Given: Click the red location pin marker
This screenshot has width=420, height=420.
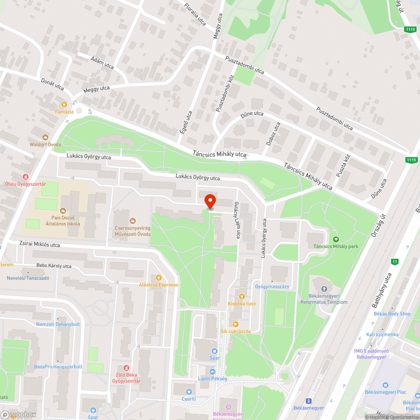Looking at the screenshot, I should click(x=210, y=201).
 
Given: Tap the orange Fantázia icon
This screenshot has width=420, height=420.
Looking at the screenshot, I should click(x=64, y=104).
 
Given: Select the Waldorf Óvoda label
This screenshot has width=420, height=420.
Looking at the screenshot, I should click(x=45, y=144).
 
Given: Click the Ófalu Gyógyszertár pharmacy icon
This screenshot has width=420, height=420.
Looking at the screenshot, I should click(x=26, y=177).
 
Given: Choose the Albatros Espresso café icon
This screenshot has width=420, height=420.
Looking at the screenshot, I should click(x=158, y=277).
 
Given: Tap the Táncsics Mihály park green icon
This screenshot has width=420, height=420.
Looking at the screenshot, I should click(x=336, y=239).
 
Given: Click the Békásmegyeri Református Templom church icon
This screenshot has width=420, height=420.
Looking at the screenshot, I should click(x=324, y=289).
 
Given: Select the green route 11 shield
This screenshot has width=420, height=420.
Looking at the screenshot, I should click(x=394, y=262).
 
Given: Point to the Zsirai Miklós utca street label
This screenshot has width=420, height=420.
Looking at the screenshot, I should click(x=39, y=244).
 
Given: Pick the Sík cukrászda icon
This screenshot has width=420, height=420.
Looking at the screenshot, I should click(x=236, y=324).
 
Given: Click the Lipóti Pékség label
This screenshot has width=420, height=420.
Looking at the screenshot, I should click(x=213, y=378).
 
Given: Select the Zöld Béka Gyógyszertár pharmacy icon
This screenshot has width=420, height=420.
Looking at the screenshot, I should click(x=126, y=368).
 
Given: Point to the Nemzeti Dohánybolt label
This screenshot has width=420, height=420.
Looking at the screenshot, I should click(x=58, y=324).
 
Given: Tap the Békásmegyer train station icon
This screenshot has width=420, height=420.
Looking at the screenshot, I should click(x=309, y=401).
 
